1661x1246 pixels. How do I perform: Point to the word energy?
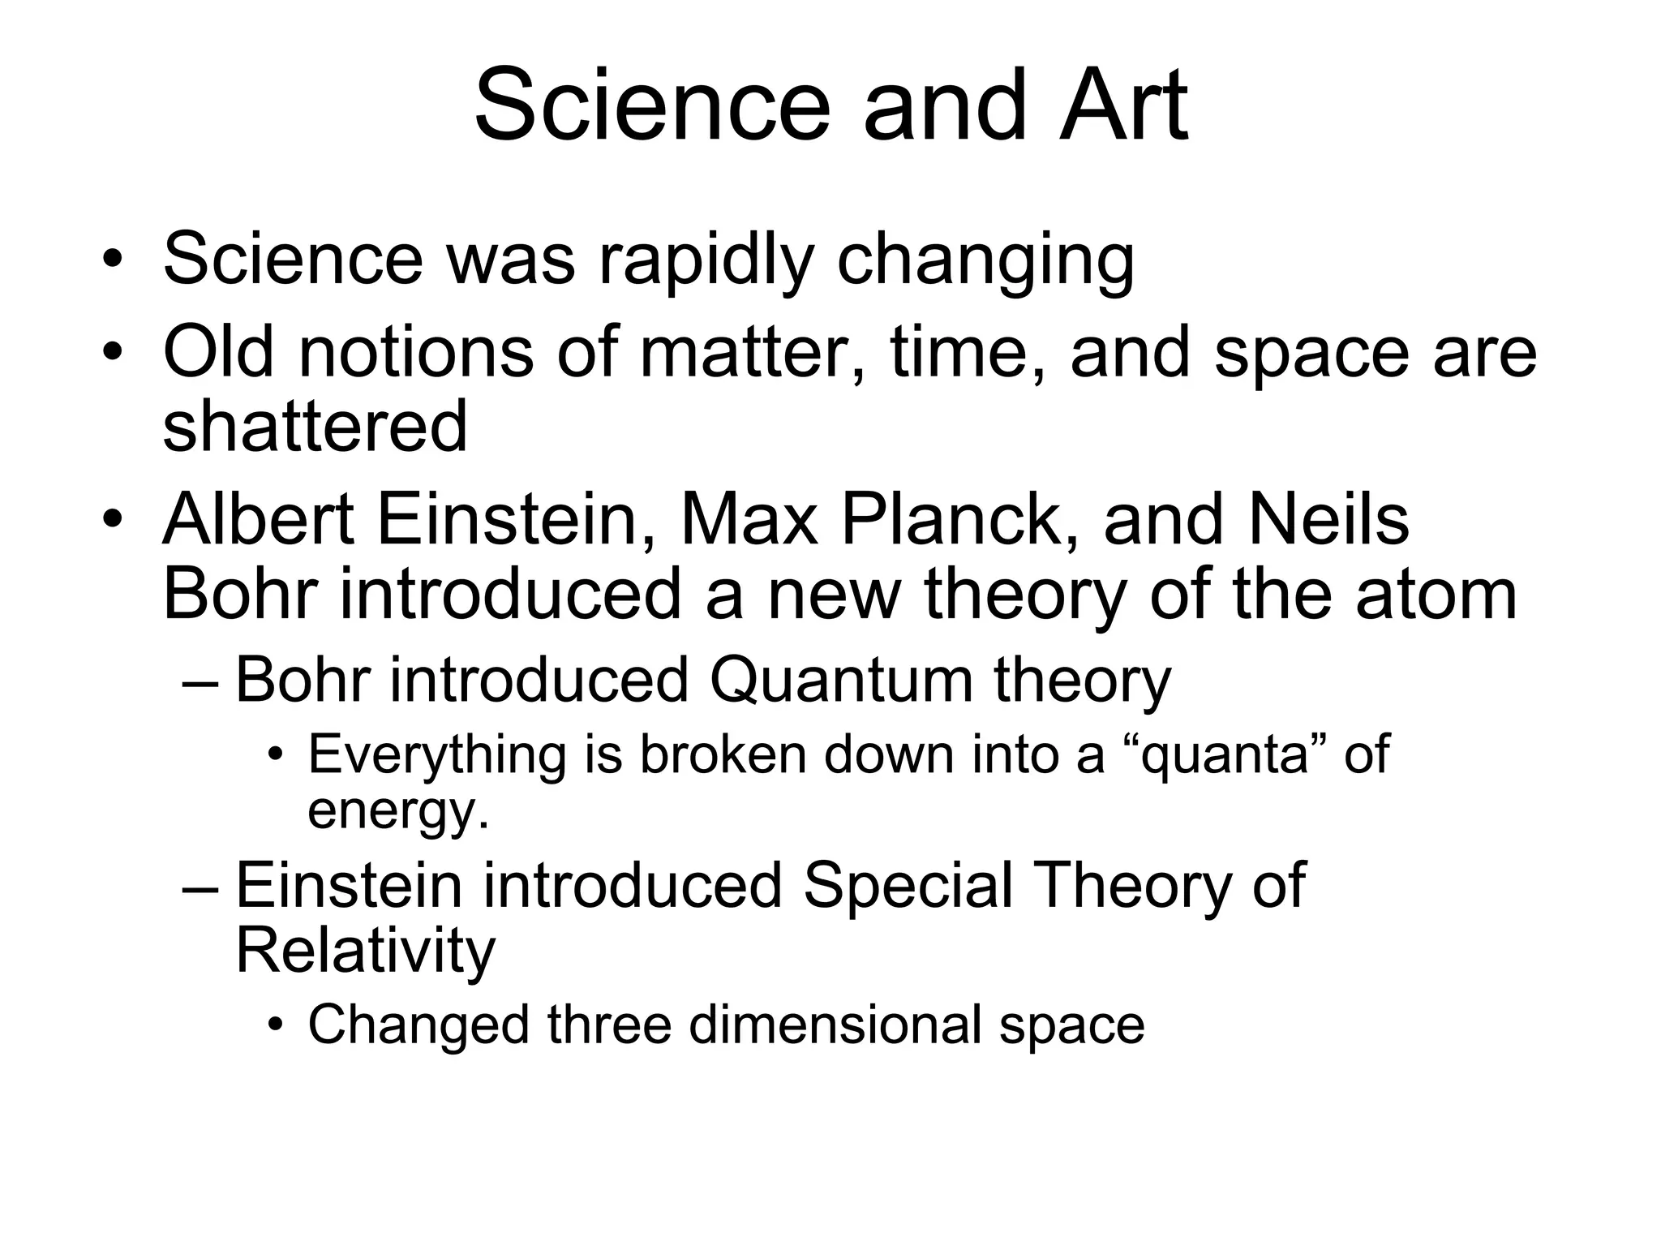[397, 810]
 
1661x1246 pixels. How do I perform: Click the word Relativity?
[365, 951]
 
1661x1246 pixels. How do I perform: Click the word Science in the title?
[653, 105]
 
